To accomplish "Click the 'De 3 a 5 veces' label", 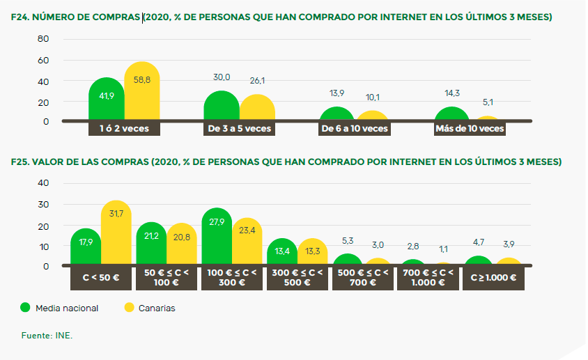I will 240,128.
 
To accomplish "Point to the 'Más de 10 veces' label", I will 470,128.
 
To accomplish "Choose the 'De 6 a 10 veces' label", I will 355,128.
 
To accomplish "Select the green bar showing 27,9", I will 217,237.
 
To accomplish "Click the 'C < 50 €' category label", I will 101,277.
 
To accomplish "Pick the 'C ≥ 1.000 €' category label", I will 494,277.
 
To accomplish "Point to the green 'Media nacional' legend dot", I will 26,308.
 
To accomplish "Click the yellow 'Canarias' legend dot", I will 128,308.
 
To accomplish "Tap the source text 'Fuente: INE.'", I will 47,336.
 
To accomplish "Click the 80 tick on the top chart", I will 42,39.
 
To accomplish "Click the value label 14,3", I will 451,93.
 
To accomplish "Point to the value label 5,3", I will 347,241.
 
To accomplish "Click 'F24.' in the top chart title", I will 20,17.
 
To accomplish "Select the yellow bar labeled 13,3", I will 314,253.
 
